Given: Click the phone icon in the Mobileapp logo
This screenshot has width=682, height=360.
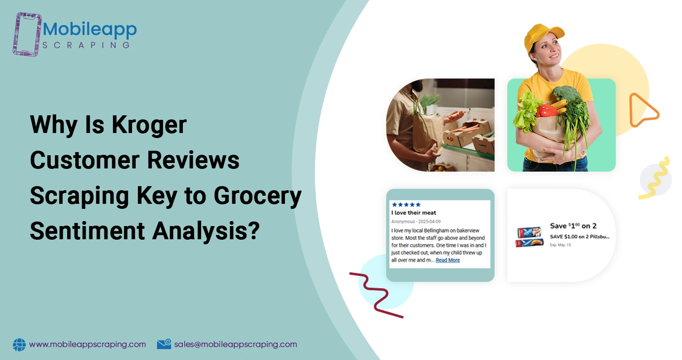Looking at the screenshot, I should (x=28, y=34).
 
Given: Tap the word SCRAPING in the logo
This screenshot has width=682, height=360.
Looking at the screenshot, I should (x=86, y=45).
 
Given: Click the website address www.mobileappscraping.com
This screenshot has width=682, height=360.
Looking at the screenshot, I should (x=88, y=344).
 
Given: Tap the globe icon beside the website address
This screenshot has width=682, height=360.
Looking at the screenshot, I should (x=20, y=345).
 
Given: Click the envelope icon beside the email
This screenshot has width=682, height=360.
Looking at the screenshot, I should (x=164, y=345).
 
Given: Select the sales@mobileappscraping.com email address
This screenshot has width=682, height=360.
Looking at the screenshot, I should (x=236, y=344).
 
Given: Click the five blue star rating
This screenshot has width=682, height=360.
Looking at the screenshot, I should (x=406, y=205).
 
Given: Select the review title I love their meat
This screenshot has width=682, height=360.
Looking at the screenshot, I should (x=413, y=212).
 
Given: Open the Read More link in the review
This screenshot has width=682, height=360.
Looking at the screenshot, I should (x=447, y=260).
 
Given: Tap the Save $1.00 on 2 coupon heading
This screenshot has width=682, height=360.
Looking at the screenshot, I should (x=573, y=226).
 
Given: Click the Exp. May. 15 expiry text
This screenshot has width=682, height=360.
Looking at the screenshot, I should (x=560, y=245).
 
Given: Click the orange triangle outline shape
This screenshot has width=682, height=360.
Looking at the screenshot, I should (x=642, y=110).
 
